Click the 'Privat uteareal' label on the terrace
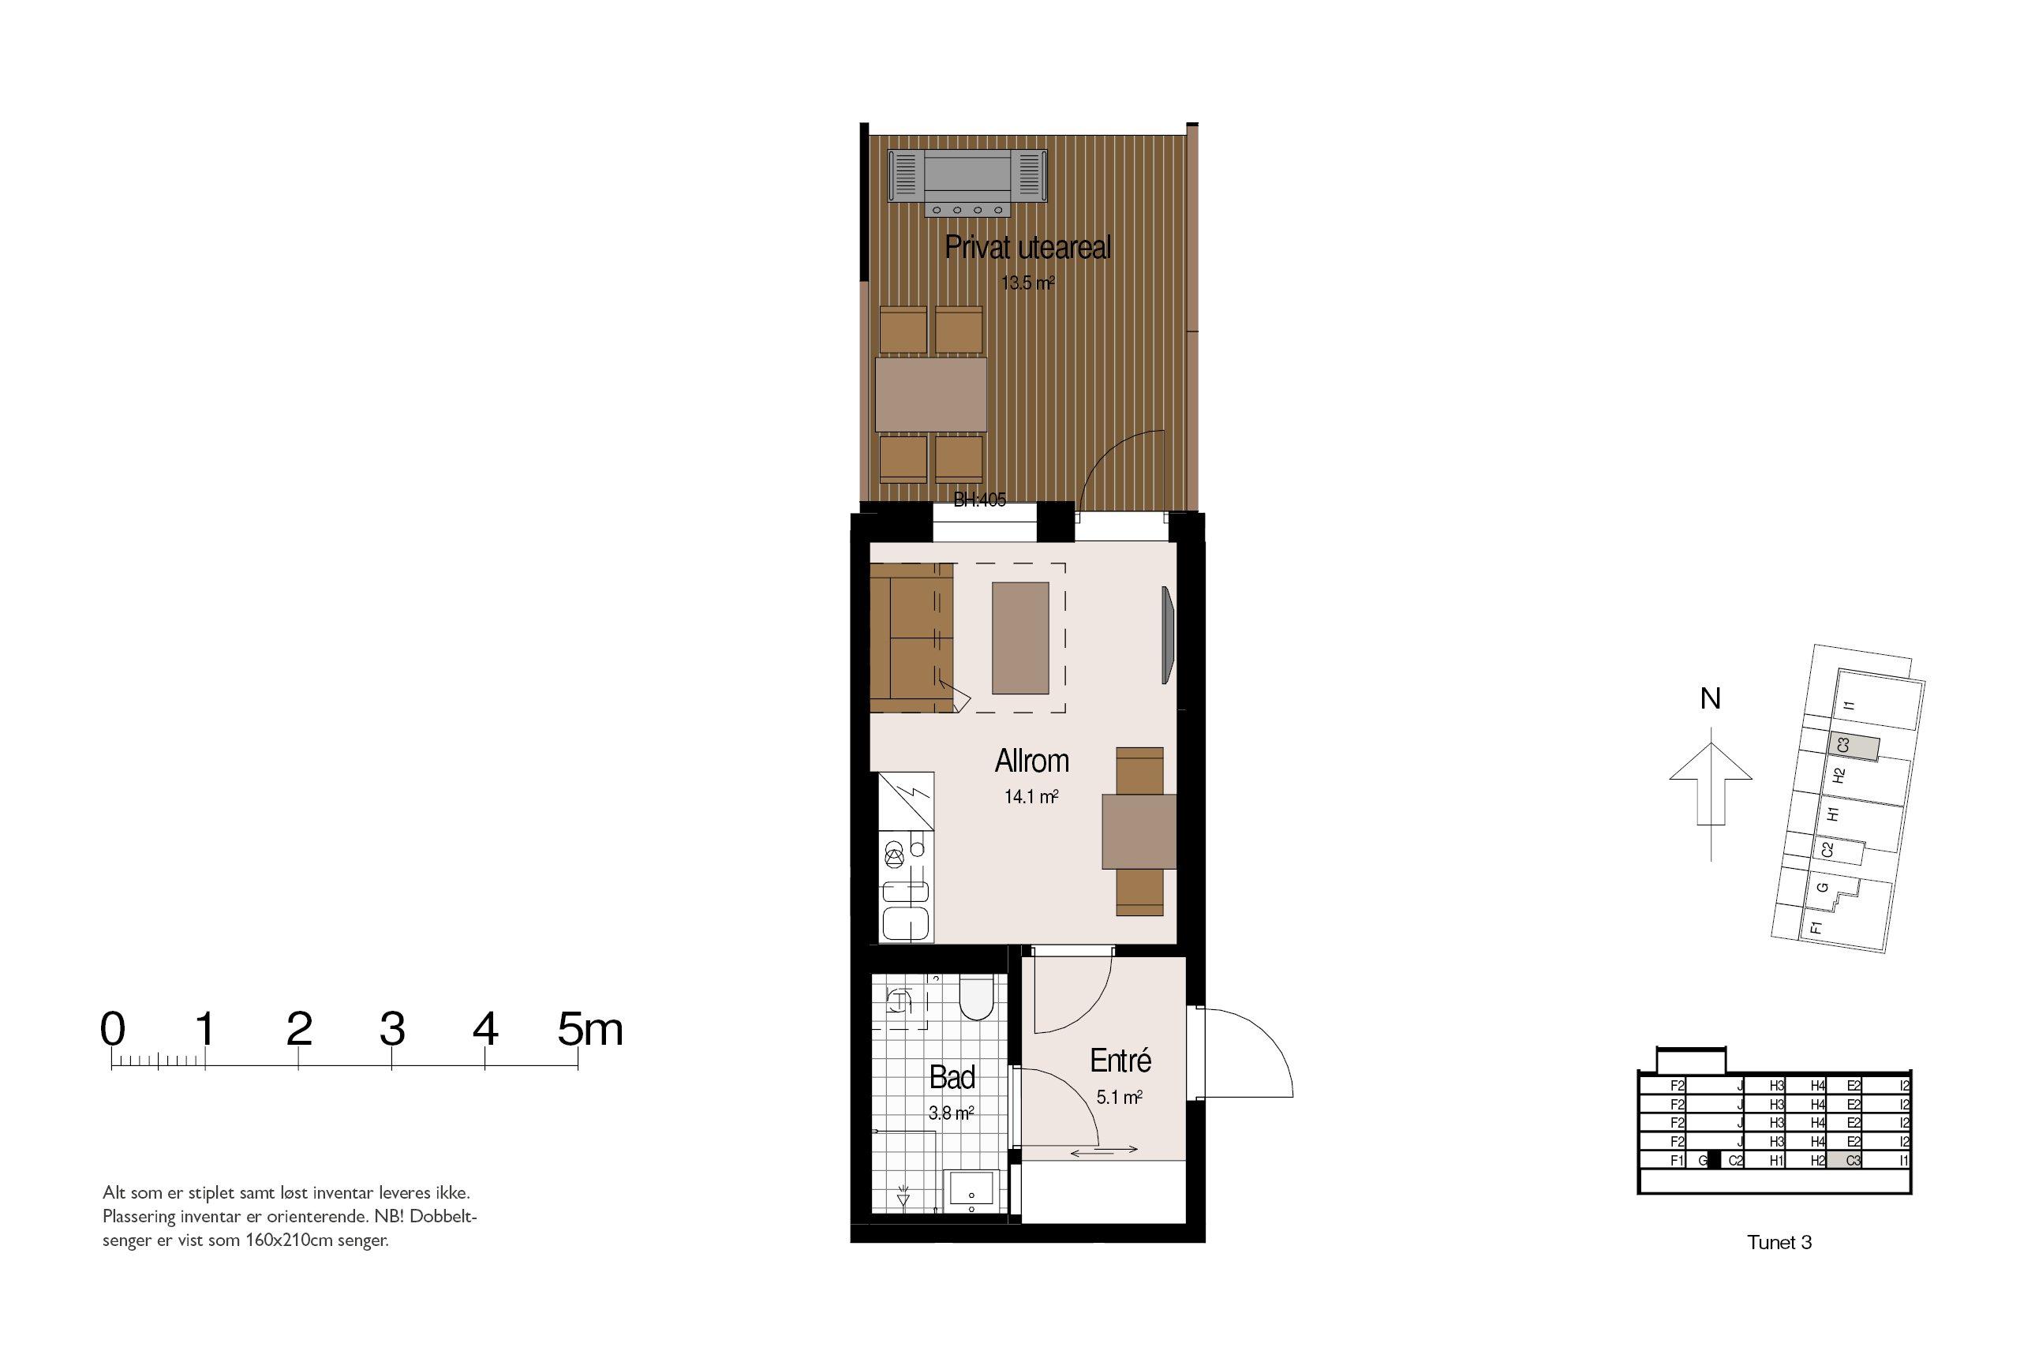coord(1027,248)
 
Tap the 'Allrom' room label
coord(1031,761)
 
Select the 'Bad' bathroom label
coord(952,1077)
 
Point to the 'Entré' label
coord(1120,1061)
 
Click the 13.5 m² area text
coord(1027,282)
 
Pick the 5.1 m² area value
coord(1119,1097)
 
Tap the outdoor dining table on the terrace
coord(930,395)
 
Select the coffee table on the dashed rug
coord(1020,638)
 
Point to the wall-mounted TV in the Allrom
coord(1167,635)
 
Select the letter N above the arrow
coord(1710,699)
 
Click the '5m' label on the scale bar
coord(589,1028)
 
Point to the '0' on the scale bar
coord(113,1028)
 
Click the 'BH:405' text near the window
coord(980,500)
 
